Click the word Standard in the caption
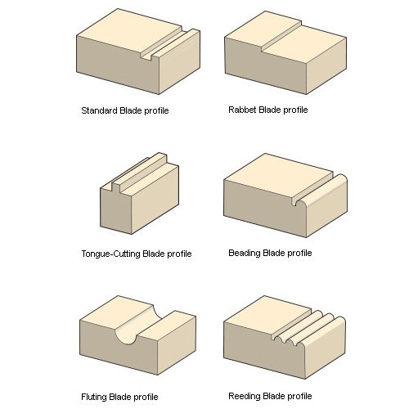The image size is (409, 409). (99, 110)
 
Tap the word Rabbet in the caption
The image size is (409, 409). (242, 110)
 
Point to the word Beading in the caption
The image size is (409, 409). (245, 253)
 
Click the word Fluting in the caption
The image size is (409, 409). (94, 397)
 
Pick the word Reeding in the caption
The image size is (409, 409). (245, 396)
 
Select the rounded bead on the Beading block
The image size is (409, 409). (321, 190)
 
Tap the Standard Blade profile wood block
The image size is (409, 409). (138, 52)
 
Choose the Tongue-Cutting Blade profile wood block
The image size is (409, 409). (139, 193)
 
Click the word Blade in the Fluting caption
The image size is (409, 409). (120, 397)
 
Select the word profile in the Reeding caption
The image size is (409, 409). (299, 396)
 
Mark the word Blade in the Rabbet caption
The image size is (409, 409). (270, 110)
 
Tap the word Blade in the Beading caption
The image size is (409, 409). (274, 253)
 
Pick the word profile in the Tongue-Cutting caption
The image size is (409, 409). (179, 254)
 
